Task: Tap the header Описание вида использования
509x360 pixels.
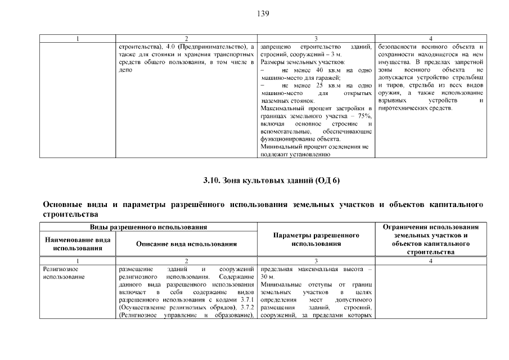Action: pyautogui.click(x=186, y=244)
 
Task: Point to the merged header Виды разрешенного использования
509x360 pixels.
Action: pyautogui.click(x=149, y=227)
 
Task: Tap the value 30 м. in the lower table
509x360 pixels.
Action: pyautogui.click(x=267, y=277)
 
